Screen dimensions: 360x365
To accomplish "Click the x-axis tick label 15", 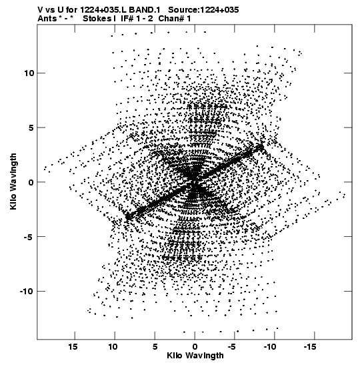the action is click(x=73, y=347).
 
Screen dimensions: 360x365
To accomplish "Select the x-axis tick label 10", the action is click(x=113, y=347).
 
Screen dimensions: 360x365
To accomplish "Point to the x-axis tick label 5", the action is click(x=155, y=347).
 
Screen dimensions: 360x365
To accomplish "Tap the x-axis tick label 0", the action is click(x=195, y=347).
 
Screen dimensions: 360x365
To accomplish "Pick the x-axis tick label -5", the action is click(x=233, y=347).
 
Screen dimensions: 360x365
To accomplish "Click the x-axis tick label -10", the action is click(x=270, y=347).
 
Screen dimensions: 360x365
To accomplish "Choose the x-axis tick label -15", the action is click(x=310, y=347).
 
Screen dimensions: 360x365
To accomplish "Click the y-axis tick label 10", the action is click(x=29, y=73).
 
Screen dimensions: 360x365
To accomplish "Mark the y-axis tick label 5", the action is click(x=31, y=128).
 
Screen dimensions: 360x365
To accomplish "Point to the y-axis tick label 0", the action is click(x=31, y=182).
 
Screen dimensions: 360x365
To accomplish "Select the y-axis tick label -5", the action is click(x=29, y=237).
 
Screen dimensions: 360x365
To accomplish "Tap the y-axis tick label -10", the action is click(x=26, y=291).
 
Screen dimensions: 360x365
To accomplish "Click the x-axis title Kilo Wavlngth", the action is click(x=195, y=356).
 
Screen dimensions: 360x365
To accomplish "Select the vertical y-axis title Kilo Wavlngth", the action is click(x=13, y=181).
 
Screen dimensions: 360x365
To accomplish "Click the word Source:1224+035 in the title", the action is click(x=203, y=10).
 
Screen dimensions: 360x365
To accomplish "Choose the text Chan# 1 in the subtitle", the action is click(x=175, y=19).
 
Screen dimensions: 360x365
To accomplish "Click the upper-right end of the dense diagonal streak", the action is click(x=262, y=146).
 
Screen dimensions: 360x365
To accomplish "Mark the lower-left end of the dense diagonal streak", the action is click(x=127, y=218).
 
